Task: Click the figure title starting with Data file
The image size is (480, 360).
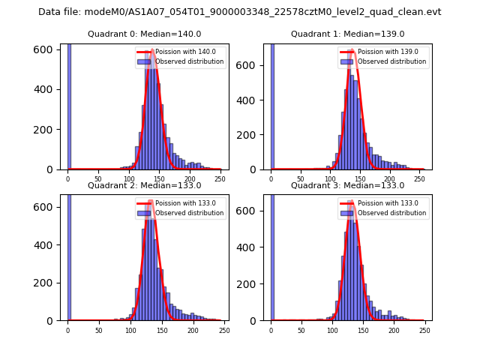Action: pos(240,12)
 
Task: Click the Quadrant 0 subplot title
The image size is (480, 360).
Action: pos(144,34)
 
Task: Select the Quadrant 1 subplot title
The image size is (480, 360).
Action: pos(347,34)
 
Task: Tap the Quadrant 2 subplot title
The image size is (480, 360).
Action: pos(144,185)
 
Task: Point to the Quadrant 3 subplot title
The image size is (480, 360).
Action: pos(347,185)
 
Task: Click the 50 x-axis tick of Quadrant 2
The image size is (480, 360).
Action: pos(98,331)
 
